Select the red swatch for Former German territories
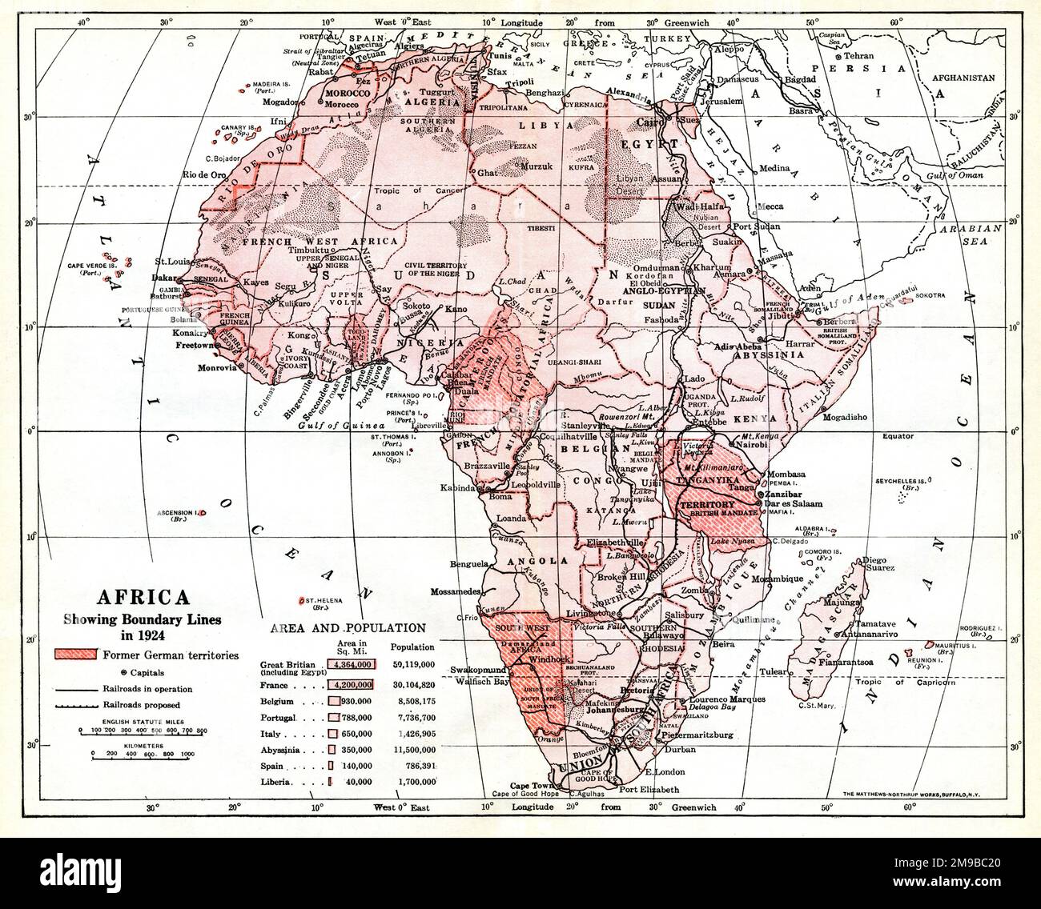(x=75, y=655)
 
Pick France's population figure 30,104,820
(x=413, y=685)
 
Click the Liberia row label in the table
(x=278, y=781)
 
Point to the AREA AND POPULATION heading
(x=348, y=628)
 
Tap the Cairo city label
(x=647, y=122)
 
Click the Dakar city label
(x=163, y=279)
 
